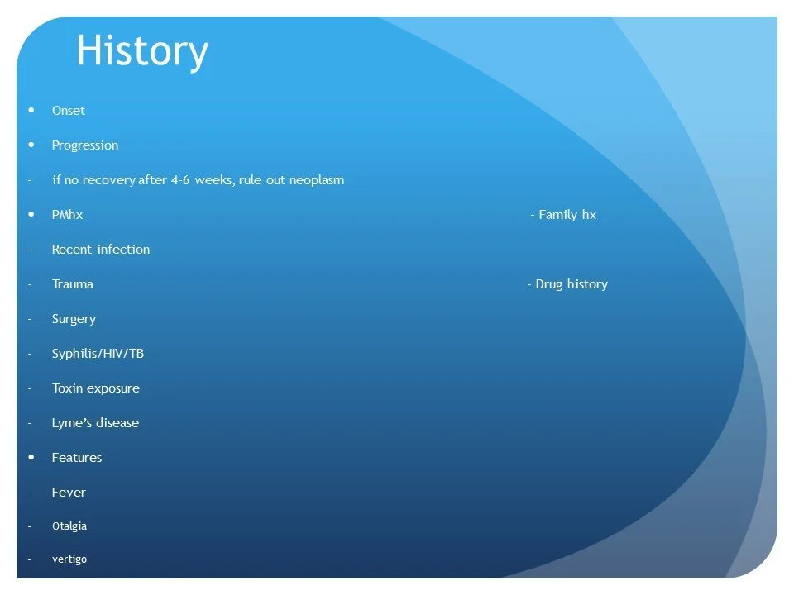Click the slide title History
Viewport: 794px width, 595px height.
141,52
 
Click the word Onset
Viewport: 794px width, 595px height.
69,111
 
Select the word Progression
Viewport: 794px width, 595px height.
85,145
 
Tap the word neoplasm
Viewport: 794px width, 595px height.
316,180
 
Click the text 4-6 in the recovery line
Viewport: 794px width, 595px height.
180,180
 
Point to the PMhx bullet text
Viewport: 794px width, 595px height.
67,215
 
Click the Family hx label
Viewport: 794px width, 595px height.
567,215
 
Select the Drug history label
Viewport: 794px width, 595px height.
571,284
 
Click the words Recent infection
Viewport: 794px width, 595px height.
101,250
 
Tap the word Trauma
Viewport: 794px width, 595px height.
73,284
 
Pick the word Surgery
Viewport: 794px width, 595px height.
74,319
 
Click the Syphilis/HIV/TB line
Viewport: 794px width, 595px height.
98,354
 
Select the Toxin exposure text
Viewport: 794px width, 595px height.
96,388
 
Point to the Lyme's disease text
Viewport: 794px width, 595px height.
95,423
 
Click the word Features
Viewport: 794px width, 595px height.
77,458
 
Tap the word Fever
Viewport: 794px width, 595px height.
69,493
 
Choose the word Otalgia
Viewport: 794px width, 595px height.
69,526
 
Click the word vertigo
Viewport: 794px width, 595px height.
69,559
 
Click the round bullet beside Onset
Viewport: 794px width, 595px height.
31,109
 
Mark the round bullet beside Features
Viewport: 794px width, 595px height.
31,456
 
